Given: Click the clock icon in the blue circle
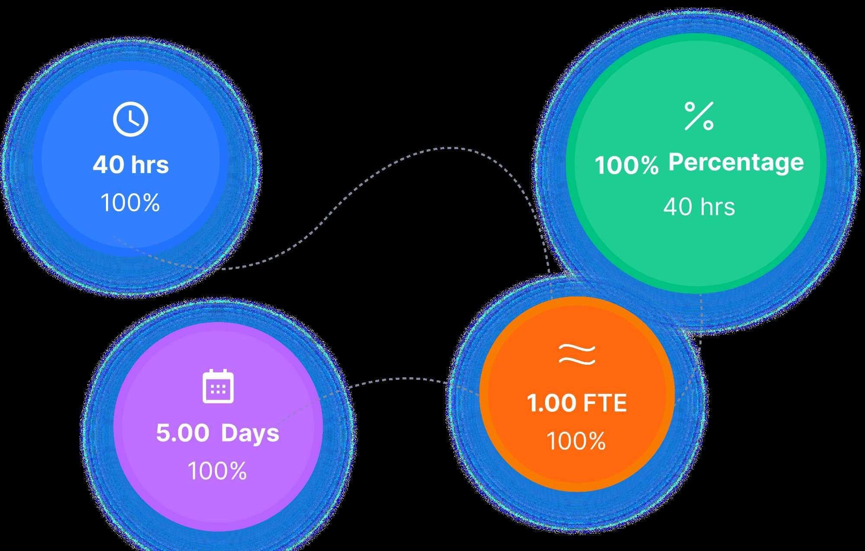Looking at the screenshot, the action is click(x=131, y=119).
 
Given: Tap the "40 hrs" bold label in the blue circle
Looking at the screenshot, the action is click(x=131, y=165).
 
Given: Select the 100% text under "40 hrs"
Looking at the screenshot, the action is click(x=130, y=202).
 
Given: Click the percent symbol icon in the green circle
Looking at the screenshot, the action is click(x=699, y=116).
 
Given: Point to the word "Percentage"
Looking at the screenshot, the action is click(x=736, y=162).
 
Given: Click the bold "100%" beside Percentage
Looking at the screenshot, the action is click(x=626, y=165).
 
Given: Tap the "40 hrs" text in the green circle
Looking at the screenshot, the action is click(x=699, y=207).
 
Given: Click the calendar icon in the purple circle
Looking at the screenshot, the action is click(x=218, y=386).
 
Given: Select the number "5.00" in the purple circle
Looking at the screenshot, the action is click(x=182, y=433).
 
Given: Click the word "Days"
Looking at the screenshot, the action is click(x=250, y=433).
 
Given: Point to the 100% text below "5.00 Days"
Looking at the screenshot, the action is click(x=217, y=471).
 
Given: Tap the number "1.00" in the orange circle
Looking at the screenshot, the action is click(x=551, y=403).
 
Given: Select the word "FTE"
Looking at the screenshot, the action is click(x=605, y=403).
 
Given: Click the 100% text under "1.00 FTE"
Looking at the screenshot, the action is click(x=576, y=441).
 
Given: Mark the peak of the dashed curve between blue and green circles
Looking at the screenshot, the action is click(x=450, y=148).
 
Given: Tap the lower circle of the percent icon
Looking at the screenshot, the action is click(x=708, y=125).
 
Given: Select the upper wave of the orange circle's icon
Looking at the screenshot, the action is click(x=577, y=349).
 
